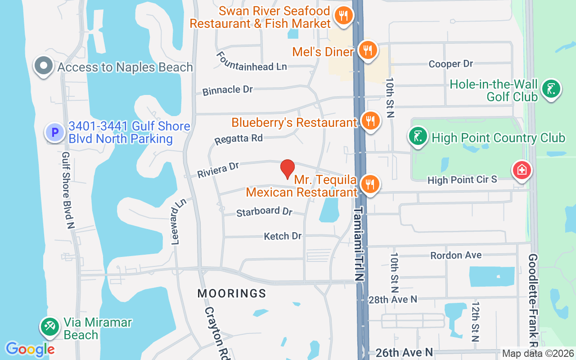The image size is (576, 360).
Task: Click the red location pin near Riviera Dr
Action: pos(288,169)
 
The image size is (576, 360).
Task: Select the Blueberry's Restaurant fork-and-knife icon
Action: pos(371,121)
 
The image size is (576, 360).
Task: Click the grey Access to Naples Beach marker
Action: pos(44,66)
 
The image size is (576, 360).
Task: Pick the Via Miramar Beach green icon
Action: pos(49,327)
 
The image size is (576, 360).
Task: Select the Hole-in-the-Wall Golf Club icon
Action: pos(551,88)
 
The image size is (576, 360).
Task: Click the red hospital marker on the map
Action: pos(522,170)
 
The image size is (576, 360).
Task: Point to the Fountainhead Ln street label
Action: pos(252,61)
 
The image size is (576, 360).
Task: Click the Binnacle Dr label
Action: pos(228,90)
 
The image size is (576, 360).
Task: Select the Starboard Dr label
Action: pos(264,211)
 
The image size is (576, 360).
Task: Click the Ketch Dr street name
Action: pos(283,236)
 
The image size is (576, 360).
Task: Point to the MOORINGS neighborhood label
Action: pos(232,293)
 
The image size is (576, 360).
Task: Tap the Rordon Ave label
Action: pos(456,255)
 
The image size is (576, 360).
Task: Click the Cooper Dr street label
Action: pos(450,64)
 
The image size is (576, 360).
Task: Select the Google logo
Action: pos(30,349)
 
